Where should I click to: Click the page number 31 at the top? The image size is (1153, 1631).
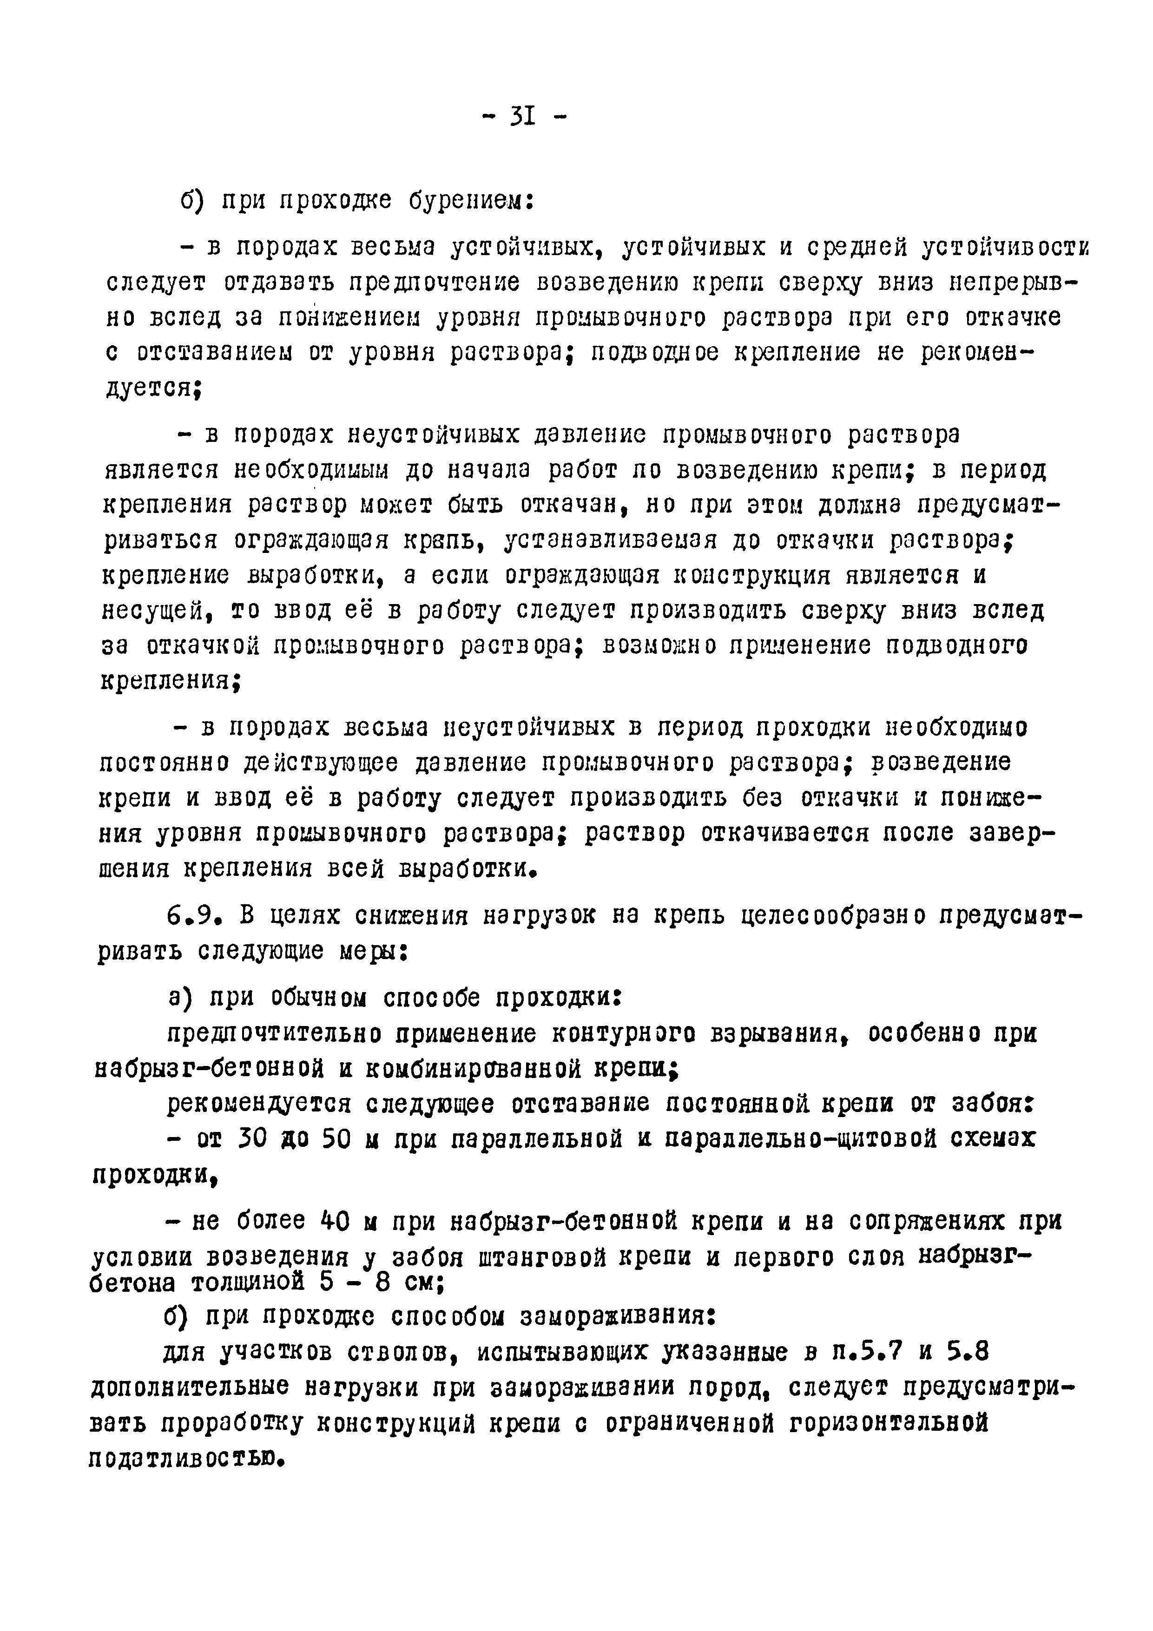[x=522, y=116]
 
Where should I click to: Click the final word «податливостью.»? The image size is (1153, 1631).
[x=187, y=1459]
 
